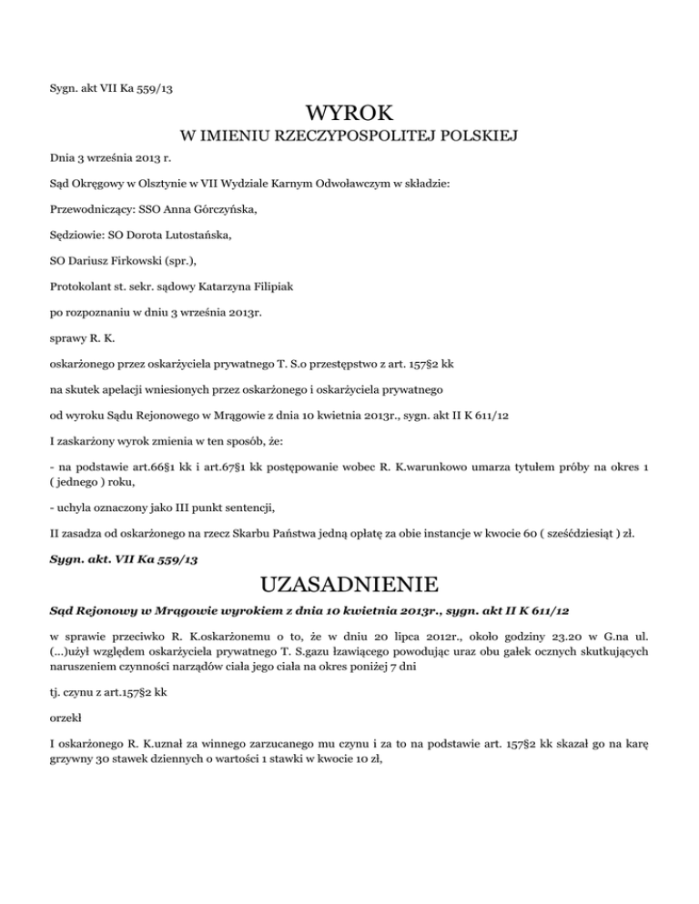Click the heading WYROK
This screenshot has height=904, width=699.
pos(349,116)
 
